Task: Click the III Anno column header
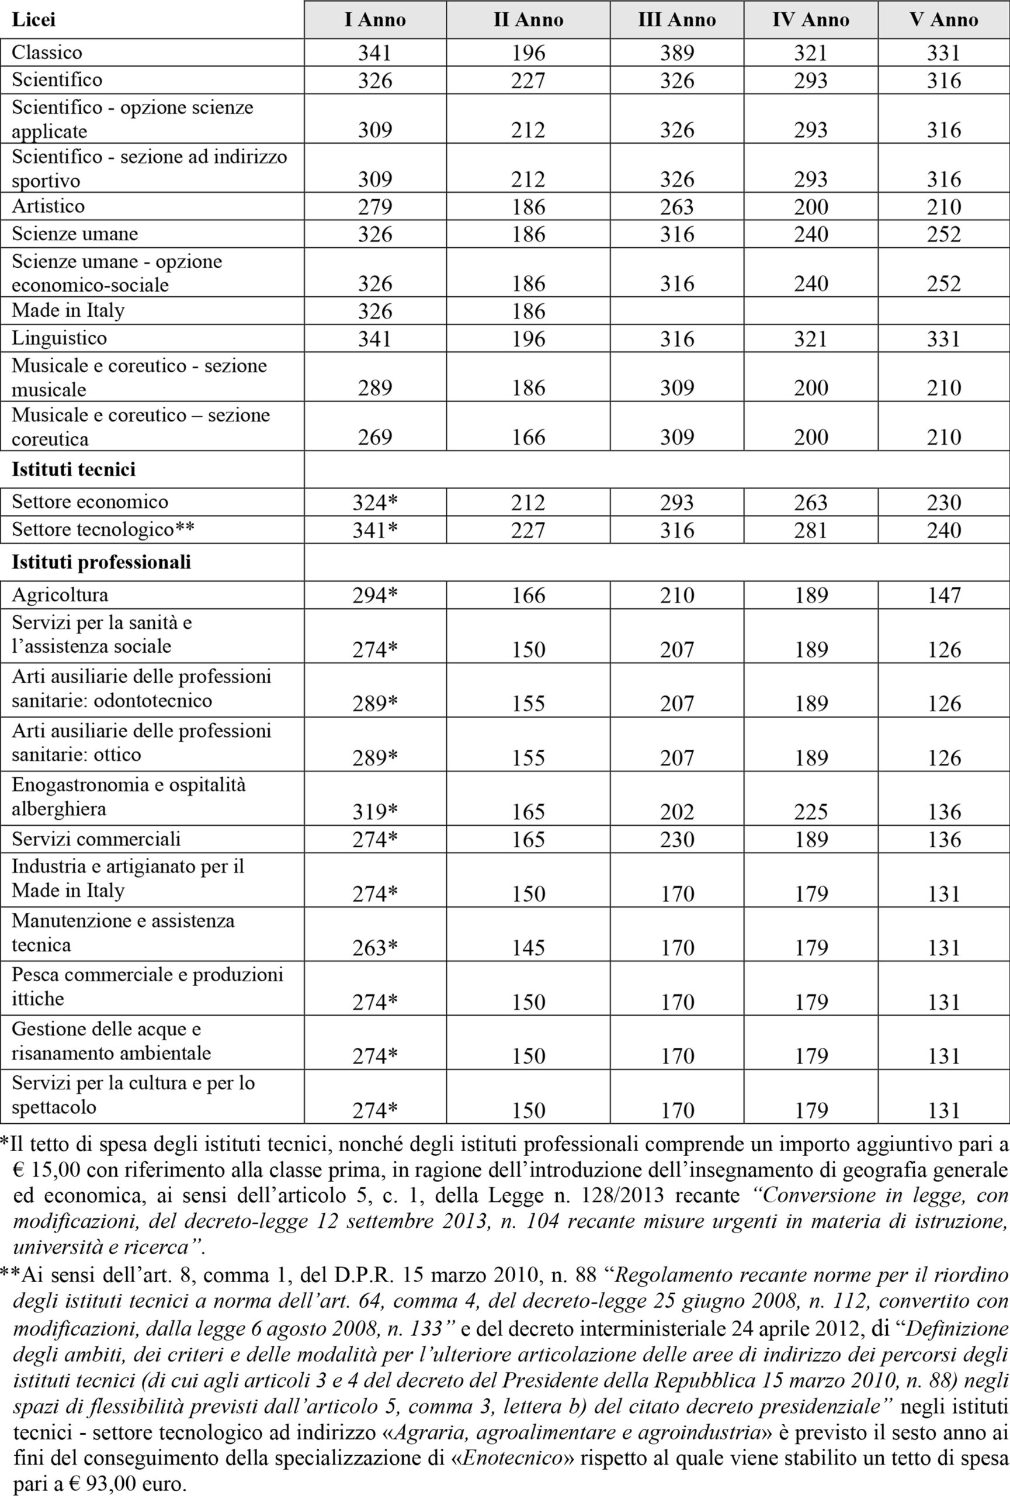tap(677, 20)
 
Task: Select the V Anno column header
tap(944, 20)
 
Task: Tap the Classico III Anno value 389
tap(677, 53)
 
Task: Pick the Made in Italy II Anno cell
tap(528, 311)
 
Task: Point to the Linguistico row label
tap(59, 338)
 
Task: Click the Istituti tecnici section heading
tap(74, 469)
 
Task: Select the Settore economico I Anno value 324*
tap(375, 503)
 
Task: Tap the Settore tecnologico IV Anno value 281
tap(811, 531)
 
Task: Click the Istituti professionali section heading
tap(101, 562)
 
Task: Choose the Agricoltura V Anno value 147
tap(944, 595)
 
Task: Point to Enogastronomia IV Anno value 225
tap(811, 812)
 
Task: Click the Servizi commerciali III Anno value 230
tap(677, 839)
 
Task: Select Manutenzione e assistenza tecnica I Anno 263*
tap(375, 947)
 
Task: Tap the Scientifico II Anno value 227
tap(528, 81)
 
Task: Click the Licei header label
tap(33, 20)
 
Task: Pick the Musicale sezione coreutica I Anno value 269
tap(375, 437)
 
